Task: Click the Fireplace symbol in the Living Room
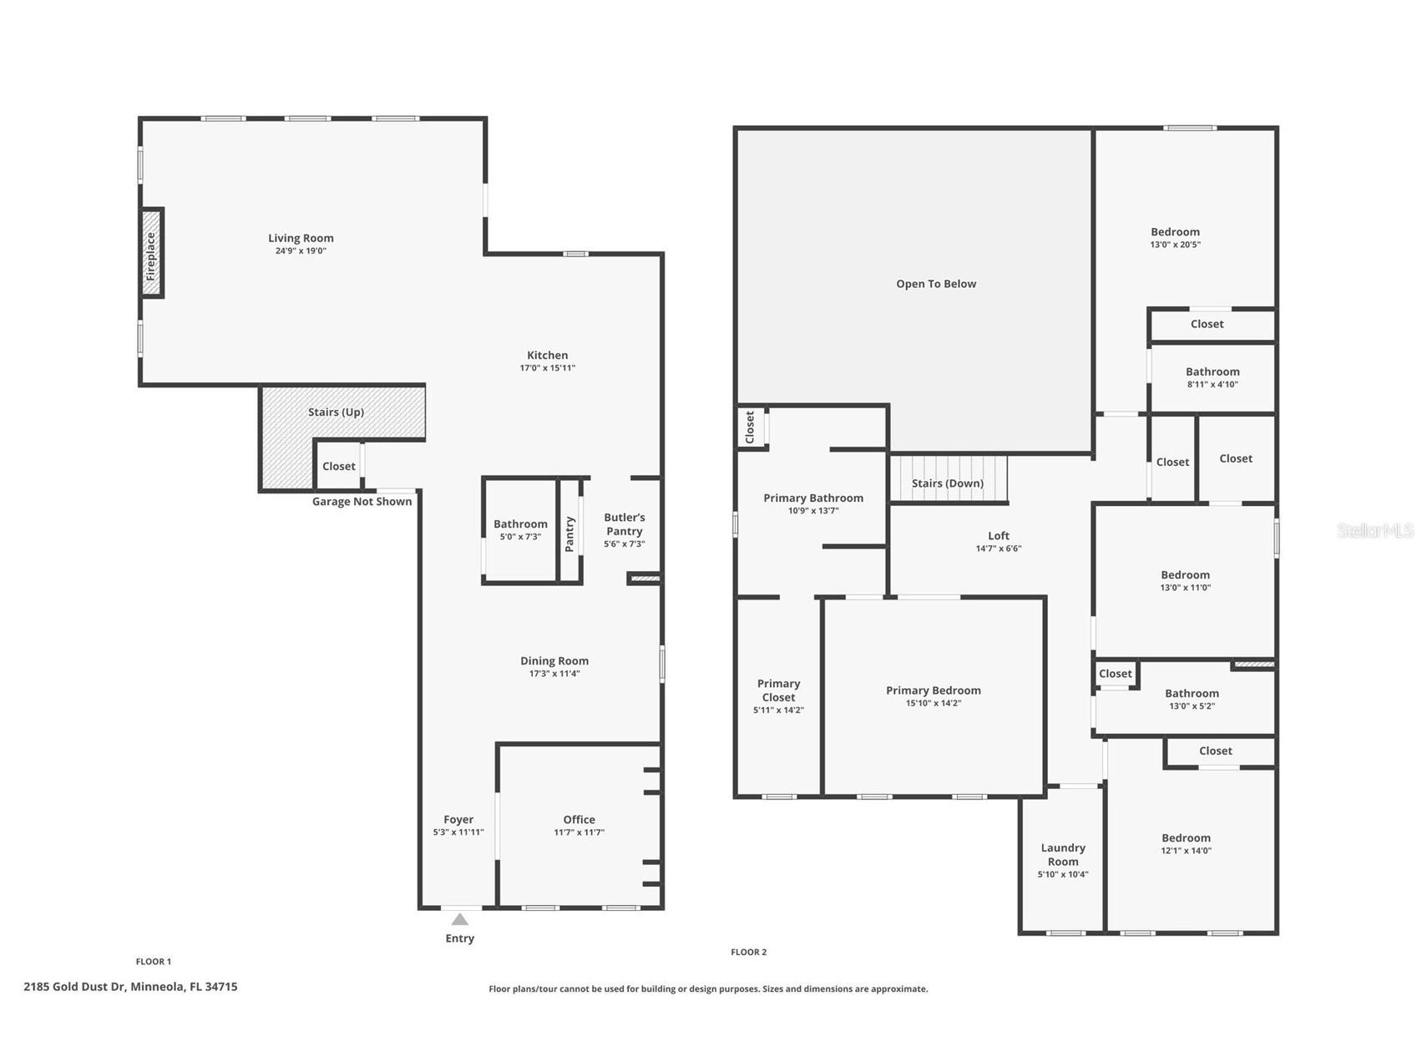151,252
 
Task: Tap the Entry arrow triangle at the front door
460,919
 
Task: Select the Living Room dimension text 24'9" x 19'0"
301,250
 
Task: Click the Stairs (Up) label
336,412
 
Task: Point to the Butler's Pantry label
625,524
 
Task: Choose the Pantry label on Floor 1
569,534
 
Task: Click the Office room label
579,819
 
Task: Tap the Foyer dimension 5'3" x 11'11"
458,832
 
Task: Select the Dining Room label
554,660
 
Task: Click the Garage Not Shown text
362,501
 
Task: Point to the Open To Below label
936,284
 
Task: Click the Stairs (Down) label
948,483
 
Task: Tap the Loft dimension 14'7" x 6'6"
999,549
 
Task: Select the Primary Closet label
778,690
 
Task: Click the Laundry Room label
1063,854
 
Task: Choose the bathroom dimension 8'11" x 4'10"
1212,385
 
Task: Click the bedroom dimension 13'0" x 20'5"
1175,245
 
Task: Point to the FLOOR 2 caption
748,952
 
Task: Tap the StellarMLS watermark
1375,530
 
